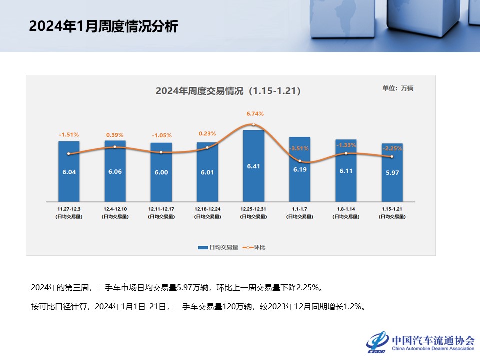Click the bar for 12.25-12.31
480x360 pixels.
click(x=253, y=165)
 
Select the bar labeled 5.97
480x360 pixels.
click(x=392, y=172)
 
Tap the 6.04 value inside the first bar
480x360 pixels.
click(x=69, y=171)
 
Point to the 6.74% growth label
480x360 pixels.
click(x=254, y=114)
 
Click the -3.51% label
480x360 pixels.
click(x=300, y=148)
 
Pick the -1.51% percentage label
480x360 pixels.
click(x=69, y=135)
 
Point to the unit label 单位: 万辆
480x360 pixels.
click(x=398, y=88)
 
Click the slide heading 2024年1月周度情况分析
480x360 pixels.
click(x=103, y=26)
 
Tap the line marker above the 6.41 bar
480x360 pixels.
click(x=254, y=124)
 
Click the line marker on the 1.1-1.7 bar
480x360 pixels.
click(x=300, y=161)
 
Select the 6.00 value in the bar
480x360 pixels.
click(x=161, y=171)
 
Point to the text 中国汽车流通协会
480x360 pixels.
click(x=433, y=340)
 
